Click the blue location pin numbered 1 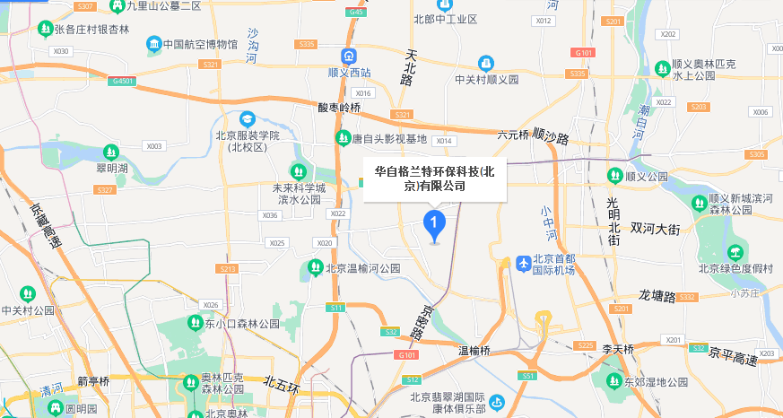(x=434, y=224)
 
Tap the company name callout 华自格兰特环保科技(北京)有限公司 (x=435, y=179)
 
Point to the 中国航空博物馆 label (x=200, y=44)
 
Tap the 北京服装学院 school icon (x=247, y=118)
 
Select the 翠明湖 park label (x=112, y=168)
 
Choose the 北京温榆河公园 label (x=362, y=267)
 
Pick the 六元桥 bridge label (x=514, y=135)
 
